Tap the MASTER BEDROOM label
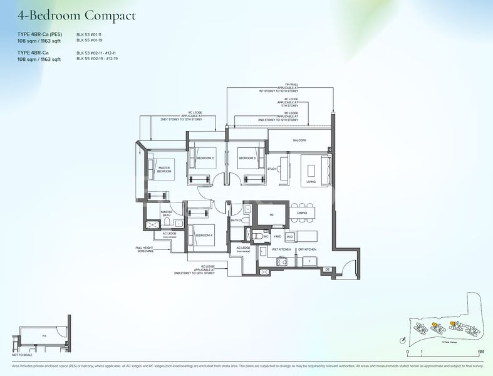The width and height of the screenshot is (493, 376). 163,169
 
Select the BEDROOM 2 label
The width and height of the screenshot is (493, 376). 204,158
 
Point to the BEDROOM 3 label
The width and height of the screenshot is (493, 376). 247,158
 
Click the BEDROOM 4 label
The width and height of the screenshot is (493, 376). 204,235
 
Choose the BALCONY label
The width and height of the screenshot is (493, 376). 299,140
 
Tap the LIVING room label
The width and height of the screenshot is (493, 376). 311,182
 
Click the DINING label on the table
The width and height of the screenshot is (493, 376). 302,213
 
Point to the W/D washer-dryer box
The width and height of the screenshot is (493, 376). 289,237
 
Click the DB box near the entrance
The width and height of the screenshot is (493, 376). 327,269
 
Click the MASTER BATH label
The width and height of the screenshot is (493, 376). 166,214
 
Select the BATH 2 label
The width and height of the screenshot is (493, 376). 236,221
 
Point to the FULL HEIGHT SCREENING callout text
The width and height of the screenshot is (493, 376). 145,249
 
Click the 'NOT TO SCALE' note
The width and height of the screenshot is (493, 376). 21,355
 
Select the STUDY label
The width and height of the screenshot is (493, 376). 272,169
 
